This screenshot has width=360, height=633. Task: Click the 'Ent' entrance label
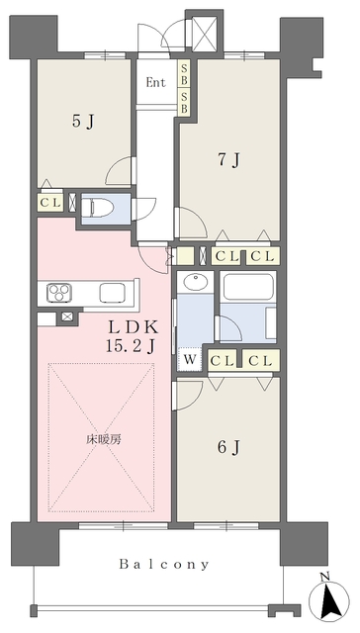point(156,83)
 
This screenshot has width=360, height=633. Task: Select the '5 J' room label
point(83,121)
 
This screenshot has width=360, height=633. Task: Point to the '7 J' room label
point(228,160)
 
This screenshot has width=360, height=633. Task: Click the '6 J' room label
point(228,447)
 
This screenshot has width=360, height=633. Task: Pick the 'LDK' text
point(133,326)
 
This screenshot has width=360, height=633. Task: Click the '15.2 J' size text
point(131,345)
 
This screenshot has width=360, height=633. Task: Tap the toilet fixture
point(98,209)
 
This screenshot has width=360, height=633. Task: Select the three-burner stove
point(59,293)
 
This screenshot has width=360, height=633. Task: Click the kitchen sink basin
point(112,293)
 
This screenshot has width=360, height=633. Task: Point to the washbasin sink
point(196,281)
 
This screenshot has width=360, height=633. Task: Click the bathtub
point(248,287)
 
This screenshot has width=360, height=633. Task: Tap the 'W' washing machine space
point(190,358)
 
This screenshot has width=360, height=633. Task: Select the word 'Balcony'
point(164,564)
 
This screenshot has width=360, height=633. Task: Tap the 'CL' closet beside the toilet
point(50,203)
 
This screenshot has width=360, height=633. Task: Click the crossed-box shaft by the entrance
point(205,34)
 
